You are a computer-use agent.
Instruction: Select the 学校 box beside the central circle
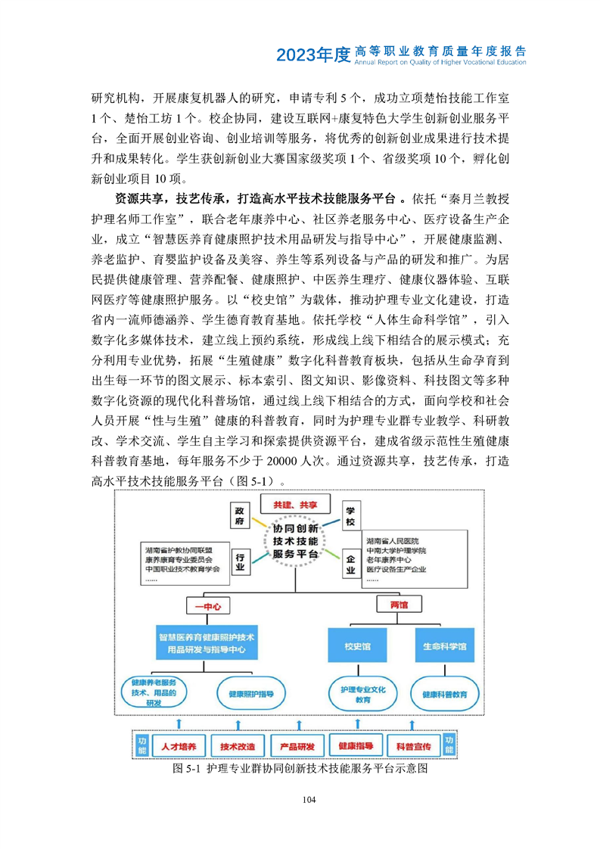(350, 517)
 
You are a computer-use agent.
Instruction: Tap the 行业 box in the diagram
(241, 562)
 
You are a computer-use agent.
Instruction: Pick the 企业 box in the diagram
(350, 563)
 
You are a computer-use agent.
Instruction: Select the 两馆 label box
(398, 606)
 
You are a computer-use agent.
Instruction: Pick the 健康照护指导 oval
(244, 692)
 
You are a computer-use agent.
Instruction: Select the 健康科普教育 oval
(444, 693)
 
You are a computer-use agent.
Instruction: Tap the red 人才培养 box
(177, 746)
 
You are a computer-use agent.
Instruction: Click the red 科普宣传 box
(413, 746)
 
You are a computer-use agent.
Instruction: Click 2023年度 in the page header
(313, 54)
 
